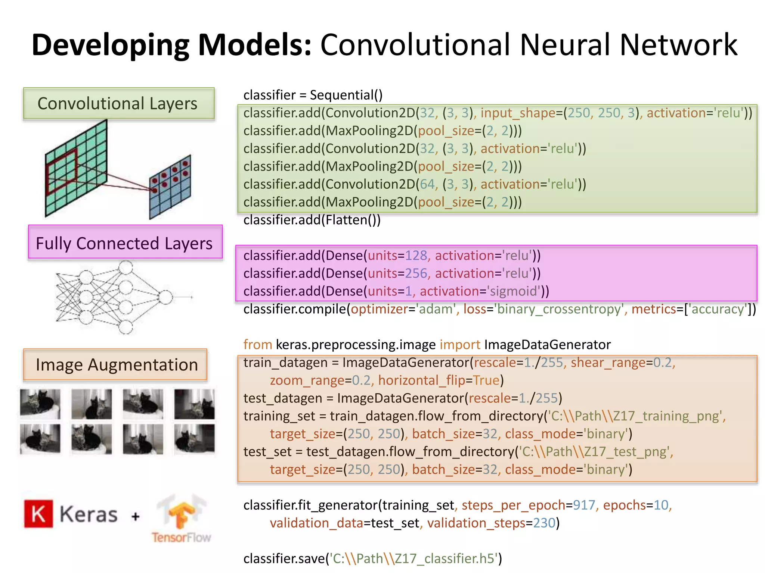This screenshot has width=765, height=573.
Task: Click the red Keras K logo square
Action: coord(38,514)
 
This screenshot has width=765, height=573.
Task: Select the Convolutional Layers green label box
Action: coord(118,104)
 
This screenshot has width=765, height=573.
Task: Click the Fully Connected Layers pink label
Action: coord(125,242)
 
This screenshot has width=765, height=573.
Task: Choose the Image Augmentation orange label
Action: coord(115,365)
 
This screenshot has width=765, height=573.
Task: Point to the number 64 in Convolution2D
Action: coord(427,184)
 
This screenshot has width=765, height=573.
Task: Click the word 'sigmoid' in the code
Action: coord(514,291)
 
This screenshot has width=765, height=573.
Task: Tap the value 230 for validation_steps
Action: coord(544,523)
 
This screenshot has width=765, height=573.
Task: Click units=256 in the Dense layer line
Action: coord(397,273)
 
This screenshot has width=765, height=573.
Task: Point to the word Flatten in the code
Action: coord(346,220)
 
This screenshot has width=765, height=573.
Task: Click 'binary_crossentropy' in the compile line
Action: coord(559,309)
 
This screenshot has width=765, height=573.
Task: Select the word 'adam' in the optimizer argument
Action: coord(436,309)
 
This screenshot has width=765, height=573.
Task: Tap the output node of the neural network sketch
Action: coord(165,297)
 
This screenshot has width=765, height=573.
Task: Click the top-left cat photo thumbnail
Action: coord(40,404)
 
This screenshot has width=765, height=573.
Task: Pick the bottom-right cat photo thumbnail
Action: coord(194,439)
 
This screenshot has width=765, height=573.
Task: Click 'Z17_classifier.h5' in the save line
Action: coord(445,559)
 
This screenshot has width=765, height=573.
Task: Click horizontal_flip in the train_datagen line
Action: coord(421,381)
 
